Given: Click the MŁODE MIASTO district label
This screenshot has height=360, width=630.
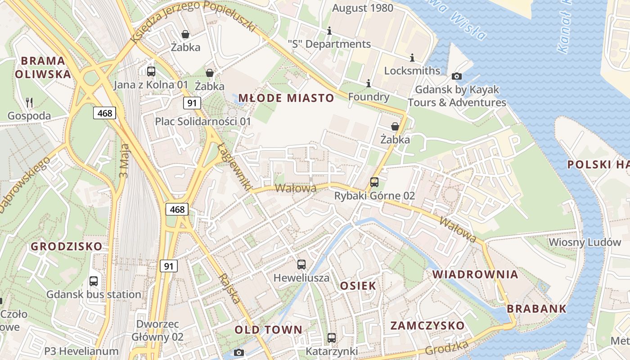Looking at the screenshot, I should click(286, 98).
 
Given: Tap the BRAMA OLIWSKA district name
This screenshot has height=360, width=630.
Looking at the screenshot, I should click(43, 67).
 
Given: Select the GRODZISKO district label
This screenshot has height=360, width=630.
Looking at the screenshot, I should click(67, 247).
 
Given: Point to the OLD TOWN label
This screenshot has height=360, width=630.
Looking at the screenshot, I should click(269, 330).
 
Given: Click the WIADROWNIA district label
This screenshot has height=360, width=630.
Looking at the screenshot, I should click(475, 274).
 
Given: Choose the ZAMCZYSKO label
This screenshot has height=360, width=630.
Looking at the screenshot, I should click(427, 326).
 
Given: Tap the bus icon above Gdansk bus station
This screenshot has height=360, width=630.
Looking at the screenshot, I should click(94, 281).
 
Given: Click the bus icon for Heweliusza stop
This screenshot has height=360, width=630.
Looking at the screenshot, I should click(301, 265).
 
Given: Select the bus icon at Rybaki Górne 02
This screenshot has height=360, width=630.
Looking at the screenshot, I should click(374, 182).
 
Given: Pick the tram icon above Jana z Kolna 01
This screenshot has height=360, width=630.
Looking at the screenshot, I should click(151, 71).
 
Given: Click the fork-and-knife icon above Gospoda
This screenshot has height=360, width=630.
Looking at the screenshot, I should click(30, 103).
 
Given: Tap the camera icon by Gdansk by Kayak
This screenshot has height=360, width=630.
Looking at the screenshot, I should click(456, 76).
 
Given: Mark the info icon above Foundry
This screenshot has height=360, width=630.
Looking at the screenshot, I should click(369, 83).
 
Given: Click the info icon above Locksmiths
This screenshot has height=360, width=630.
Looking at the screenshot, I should click(412, 58).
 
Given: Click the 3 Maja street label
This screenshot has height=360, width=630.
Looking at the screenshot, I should click(125, 161).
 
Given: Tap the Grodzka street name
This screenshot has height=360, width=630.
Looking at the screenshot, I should click(446, 347).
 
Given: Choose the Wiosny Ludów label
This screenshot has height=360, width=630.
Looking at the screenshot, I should click(585, 242).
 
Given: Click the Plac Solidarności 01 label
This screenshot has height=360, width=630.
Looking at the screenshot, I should click(203, 121).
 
